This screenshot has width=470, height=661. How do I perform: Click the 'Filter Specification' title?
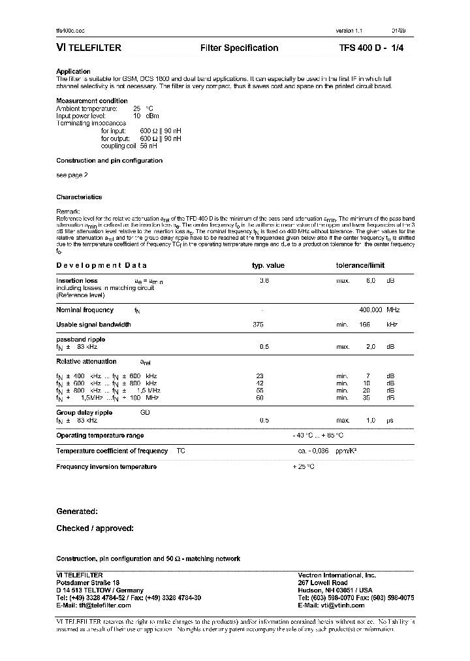tap(239, 48)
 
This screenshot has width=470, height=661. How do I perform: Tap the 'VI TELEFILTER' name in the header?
tap(89, 48)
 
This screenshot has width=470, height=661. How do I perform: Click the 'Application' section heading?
tap(73, 71)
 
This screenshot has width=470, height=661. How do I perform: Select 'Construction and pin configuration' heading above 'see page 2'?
tap(109, 161)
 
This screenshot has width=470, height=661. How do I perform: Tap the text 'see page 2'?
tap(72, 175)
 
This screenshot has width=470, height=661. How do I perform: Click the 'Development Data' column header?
tap(101, 265)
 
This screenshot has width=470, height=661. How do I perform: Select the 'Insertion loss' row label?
tap(77, 280)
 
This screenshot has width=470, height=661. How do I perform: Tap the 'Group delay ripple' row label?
tap(84, 413)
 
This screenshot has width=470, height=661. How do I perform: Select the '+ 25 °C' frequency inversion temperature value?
tap(304, 466)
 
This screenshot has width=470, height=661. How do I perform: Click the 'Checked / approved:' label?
tap(95, 528)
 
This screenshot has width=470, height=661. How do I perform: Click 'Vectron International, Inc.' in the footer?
tap(336, 575)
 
